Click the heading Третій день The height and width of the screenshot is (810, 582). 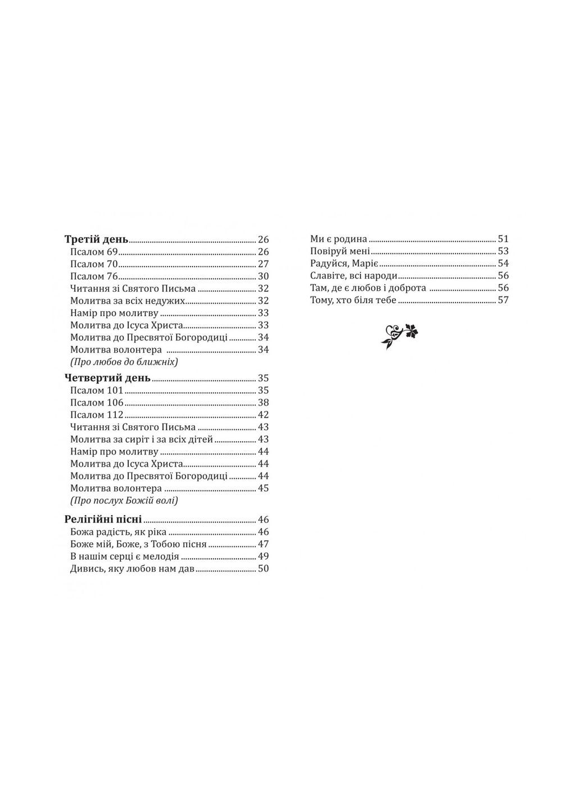click(97, 239)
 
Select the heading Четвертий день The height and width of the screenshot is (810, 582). click(107, 378)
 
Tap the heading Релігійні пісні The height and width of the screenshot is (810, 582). click(103, 519)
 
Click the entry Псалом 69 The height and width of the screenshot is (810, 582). click(94, 251)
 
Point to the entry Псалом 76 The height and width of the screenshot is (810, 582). click(94, 276)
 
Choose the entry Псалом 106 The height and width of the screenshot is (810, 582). click(97, 403)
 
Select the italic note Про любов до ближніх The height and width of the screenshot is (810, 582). click(124, 362)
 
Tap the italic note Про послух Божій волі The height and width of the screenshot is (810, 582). click(124, 501)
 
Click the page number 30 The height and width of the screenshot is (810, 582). click(263, 276)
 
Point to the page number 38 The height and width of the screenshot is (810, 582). click(263, 403)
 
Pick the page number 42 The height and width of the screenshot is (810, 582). click(263, 415)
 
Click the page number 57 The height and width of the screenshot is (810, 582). click(503, 300)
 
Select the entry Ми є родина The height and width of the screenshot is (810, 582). click(339, 239)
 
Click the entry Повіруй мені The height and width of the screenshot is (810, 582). click(340, 251)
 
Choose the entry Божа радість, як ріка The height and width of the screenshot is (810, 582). click(119, 532)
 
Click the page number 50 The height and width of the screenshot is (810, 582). click(263, 569)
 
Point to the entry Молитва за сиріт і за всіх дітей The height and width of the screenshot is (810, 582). click(142, 439)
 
